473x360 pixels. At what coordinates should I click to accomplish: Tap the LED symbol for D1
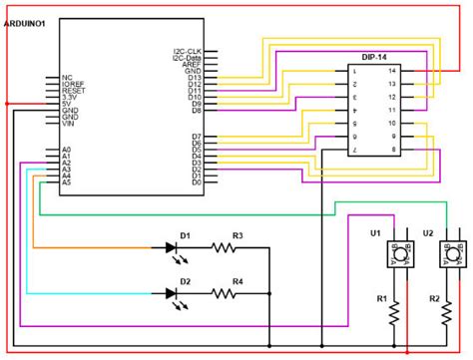[x=185, y=248]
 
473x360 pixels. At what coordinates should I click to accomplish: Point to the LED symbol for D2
[x=185, y=294]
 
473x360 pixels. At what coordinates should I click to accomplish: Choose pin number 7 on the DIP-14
[x=354, y=149]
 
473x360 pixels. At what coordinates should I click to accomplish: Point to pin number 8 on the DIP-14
[x=392, y=149]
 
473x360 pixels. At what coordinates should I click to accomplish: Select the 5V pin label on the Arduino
[x=67, y=103]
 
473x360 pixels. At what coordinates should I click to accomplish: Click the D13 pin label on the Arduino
[x=195, y=78]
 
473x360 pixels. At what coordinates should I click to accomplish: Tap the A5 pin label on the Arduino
[x=66, y=183]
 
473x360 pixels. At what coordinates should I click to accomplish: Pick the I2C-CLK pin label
[x=188, y=51]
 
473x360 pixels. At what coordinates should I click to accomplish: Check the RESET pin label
[x=74, y=90]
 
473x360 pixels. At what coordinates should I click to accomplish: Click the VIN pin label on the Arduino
[x=69, y=124]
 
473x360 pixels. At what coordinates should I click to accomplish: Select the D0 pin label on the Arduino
[x=197, y=183]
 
